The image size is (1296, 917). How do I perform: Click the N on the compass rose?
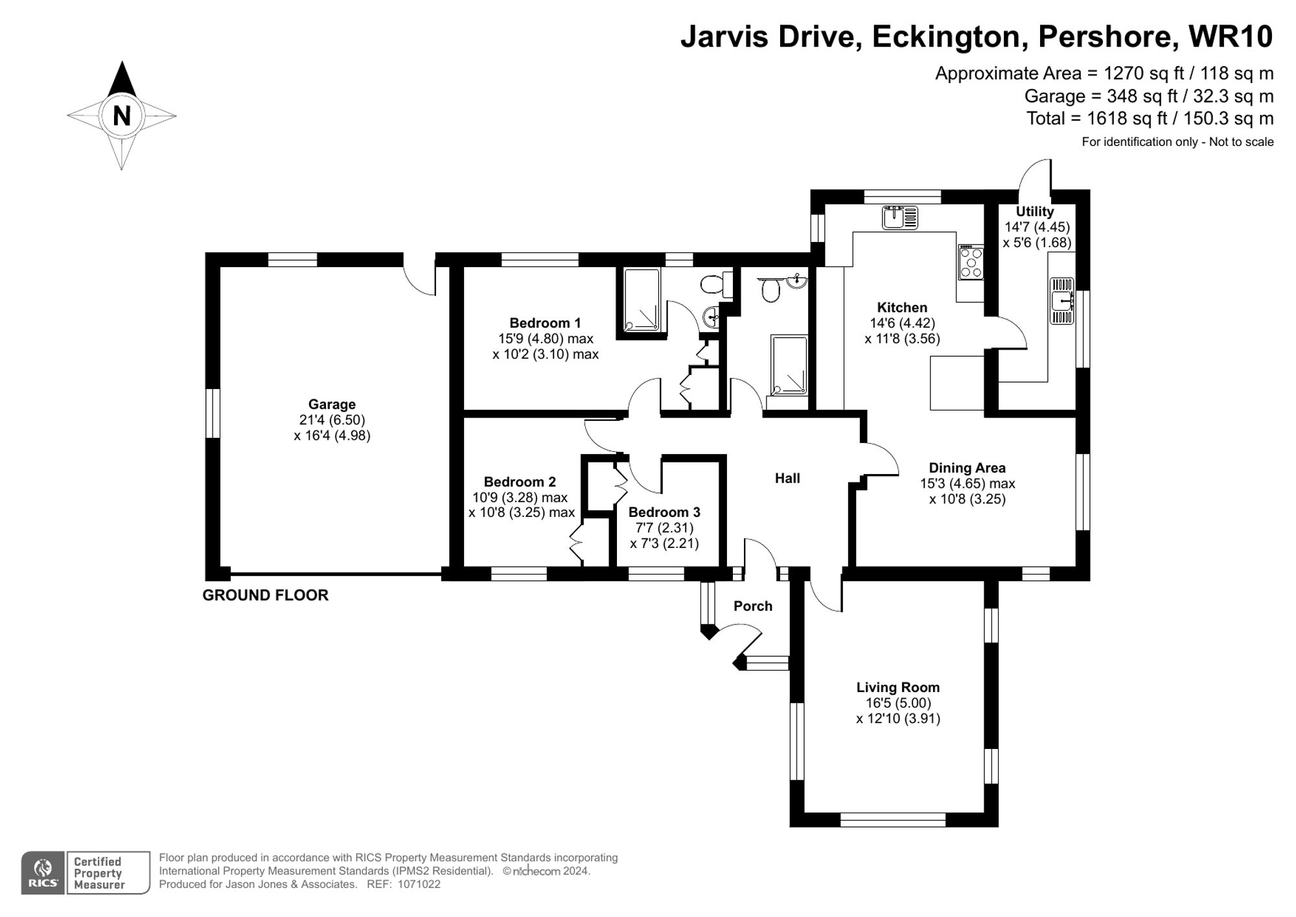pyautogui.click(x=122, y=116)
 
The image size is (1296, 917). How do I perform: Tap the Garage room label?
pyautogui.click(x=332, y=404)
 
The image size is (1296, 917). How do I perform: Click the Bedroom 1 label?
pyautogui.click(x=545, y=323)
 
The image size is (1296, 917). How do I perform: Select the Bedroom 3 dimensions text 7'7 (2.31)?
pyautogui.click(x=664, y=528)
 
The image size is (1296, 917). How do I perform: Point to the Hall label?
pyautogui.click(x=787, y=479)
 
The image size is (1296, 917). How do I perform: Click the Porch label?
pyautogui.click(x=752, y=606)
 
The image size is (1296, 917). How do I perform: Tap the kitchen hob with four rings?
pyautogui.click(x=971, y=262)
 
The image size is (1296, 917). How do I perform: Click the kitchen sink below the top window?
pyautogui.click(x=900, y=217)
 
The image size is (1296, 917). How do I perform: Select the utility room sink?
pyautogui.click(x=1061, y=301)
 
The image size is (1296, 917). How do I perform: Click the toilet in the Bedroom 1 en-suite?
pyautogui.click(x=713, y=284)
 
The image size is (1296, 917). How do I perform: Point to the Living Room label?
pyautogui.click(x=897, y=687)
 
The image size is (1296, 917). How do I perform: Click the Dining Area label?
pyautogui.click(x=967, y=468)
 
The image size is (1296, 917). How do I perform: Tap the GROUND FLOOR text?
pyautogui.click(x=265, y=595)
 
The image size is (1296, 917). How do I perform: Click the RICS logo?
pyautogui.click(x=43, y=872)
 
